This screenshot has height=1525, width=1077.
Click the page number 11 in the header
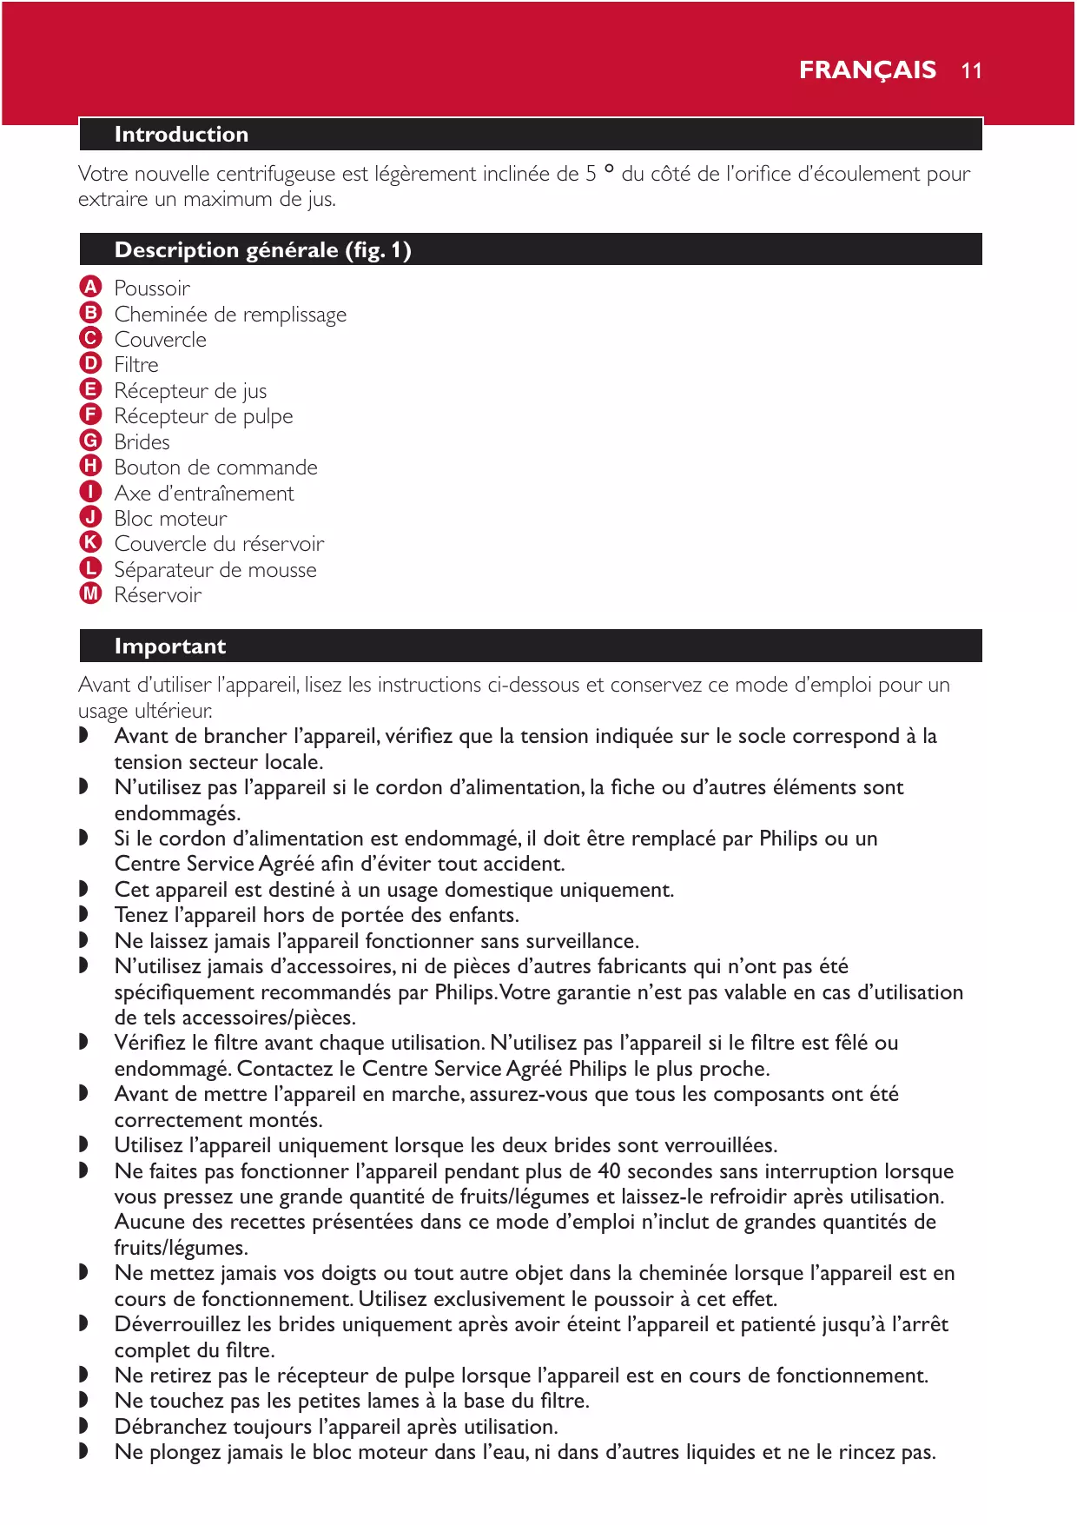coord(971,71)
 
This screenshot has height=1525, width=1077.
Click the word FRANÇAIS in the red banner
coord(867,70)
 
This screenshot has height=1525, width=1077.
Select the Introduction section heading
coord(181,135)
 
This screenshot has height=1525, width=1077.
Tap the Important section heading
coord(169,646)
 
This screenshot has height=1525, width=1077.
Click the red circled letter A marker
coord(90,287)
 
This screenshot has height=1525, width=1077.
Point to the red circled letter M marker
coord(90,594)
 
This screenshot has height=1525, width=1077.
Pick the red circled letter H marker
coord(90,467)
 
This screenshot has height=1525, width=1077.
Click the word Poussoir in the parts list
coord(152,288)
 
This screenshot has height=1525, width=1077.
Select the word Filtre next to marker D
coord(136,365)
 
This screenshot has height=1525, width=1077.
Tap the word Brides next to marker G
coord(142,442)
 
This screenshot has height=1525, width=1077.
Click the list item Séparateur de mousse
coord(215,570)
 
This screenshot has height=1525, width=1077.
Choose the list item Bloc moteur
coord(170,519)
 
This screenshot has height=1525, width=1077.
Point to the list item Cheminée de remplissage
coord(230,315)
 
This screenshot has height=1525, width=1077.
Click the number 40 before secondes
coord(609,1171)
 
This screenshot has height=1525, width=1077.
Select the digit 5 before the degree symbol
coord(591,175)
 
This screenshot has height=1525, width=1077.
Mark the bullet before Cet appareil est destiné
coord(83,889)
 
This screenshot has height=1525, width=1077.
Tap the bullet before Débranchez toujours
coord(83,1426)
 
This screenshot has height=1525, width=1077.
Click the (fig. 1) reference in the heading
coord(378,250)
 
